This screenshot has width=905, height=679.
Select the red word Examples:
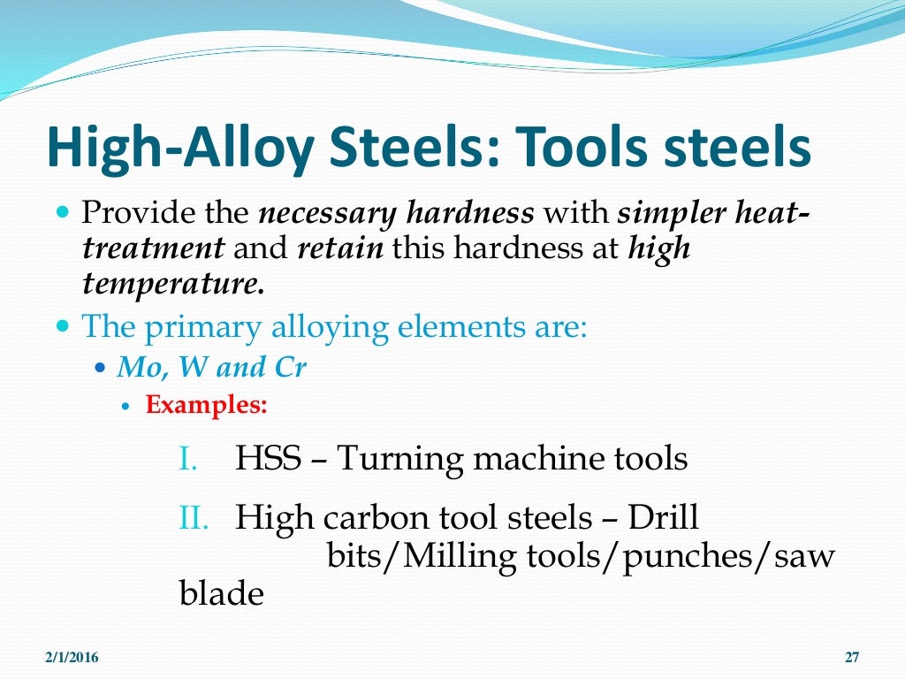coord(206,406)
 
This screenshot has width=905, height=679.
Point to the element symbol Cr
coord(290,368)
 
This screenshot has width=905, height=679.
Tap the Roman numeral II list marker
coord(192,517)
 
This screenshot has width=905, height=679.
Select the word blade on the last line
coord(221,593)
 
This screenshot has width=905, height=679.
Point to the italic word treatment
coord(152,248)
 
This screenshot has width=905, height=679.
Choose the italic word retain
coord(340,248)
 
